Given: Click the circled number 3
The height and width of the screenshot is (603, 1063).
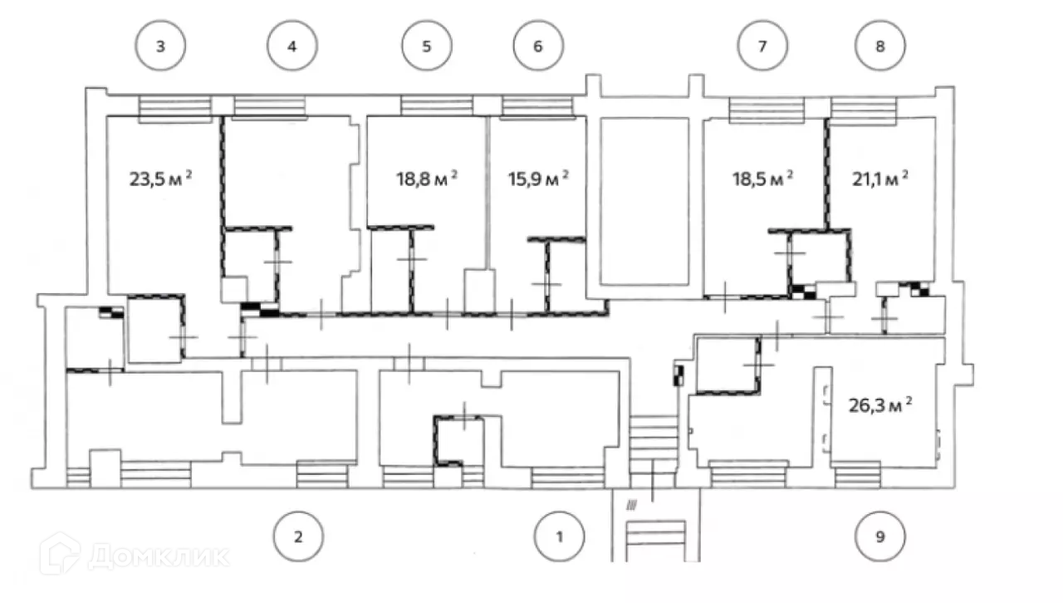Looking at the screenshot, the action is (x=160, y=46).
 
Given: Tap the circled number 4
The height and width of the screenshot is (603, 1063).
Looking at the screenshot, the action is (x=291, y=46).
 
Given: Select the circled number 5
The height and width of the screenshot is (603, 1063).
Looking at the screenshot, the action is (x=427, y=46).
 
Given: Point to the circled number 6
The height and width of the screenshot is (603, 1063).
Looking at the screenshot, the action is (x=537, y=46).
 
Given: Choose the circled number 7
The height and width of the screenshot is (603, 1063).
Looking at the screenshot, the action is (x=762, y=46).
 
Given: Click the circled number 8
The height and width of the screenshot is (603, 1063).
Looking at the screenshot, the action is (x=880, y=46).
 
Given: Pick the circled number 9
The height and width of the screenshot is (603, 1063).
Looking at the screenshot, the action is (x=880, y=536).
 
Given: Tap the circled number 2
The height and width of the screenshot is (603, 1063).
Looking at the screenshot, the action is (x=298, y=536).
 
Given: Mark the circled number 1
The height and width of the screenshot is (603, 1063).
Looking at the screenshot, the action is (x=560, y=536).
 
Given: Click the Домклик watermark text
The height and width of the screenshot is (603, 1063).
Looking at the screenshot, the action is (x=158, y=555).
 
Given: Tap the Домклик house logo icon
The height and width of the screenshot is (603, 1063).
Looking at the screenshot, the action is (x=60, y=553).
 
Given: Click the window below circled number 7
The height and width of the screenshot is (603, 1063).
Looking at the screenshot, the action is (x=767, y=109).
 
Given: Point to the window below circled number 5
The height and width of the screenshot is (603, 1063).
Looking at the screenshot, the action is (x=438, y=105).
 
